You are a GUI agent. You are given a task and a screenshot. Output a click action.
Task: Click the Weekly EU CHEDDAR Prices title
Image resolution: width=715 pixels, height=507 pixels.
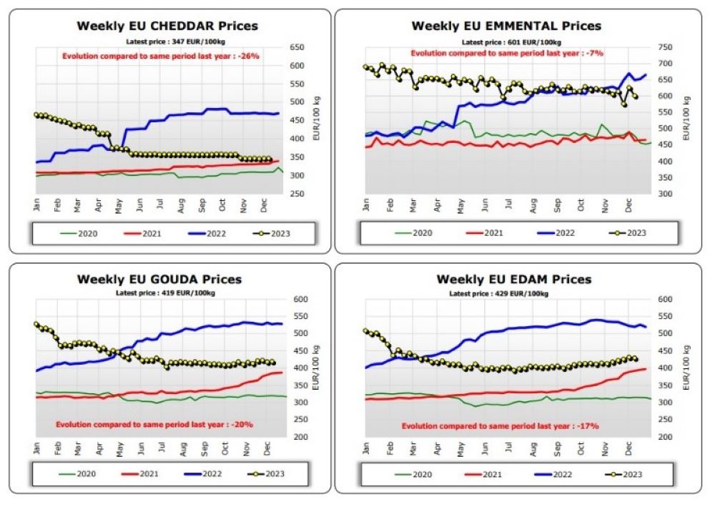pyautogui.click(x=167, y=26)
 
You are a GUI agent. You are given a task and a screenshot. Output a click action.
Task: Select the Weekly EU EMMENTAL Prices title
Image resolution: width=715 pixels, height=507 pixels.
pyautogui.click(x=506, y=26)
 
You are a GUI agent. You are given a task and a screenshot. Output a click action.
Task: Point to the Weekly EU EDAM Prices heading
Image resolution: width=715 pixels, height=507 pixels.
pyautogui.click(x=514, y=280)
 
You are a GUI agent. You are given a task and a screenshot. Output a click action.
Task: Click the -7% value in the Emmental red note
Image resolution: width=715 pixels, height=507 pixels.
pyautogui.click(x=594, y=53)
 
